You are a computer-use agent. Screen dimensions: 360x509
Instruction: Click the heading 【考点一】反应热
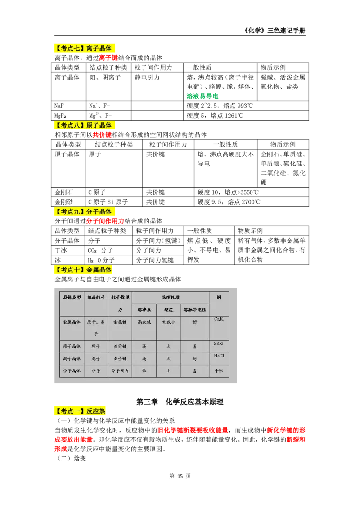tap(81, 411)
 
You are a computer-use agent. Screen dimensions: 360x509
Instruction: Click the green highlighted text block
tap(203, 96)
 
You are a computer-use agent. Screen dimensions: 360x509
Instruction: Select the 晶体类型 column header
tap(72, 298)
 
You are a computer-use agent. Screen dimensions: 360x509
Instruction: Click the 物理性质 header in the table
tap(171, 298)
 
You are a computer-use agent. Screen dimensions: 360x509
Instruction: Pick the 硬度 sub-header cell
tap(168, 309)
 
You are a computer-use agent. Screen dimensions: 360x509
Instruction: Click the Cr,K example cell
tap(219, 319)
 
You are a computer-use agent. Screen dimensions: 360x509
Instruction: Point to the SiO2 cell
tap(219, 344)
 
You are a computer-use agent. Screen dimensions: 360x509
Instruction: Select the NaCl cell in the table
tap(219, 356)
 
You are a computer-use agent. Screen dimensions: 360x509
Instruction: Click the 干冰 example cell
tap(219, 371)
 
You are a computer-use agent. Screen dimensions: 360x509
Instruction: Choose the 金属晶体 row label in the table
tap(72, 322)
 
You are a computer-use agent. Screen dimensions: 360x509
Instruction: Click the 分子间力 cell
tap(120, 371)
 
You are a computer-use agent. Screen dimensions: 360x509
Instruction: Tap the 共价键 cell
tap(120, 347)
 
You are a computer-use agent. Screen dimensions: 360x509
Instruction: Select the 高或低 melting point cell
tap(144, 322)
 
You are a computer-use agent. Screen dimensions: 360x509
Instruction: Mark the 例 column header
tap(219, 298)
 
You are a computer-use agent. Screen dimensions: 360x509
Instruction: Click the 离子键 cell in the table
tap(120, 359)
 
